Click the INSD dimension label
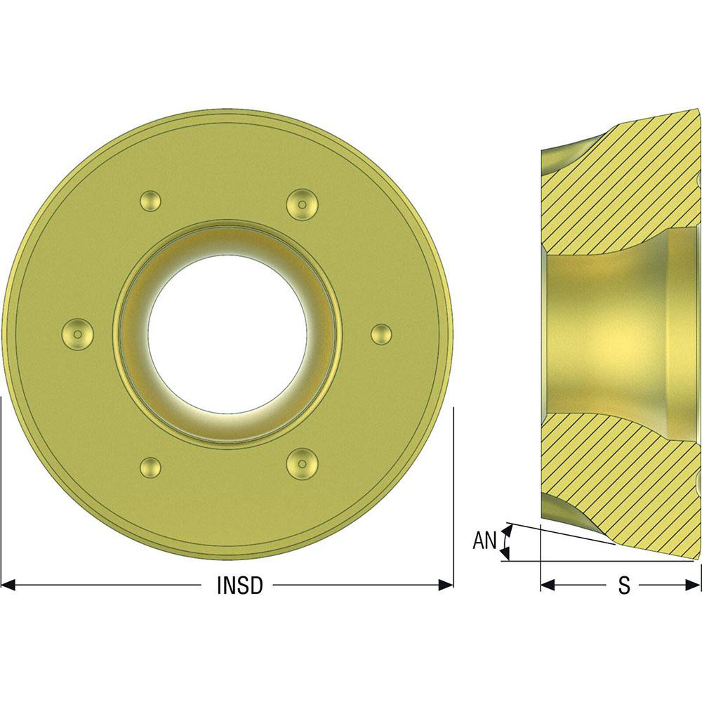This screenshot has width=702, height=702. [x=239, y=585]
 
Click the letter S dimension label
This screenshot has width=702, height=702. [x=623, y=585]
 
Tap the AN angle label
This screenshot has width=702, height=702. [x=484, y=541]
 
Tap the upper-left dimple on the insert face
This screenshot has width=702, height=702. [x=150, y=201]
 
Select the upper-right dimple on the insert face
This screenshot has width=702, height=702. [x=303, y=203]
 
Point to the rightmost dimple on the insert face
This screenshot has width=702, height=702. [x=380, y=333]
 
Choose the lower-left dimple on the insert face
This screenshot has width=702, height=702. [x=151, y=466]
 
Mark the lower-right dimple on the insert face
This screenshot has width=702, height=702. [x=303, y=463]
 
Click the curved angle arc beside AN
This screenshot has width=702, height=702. [x=504, y=544]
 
